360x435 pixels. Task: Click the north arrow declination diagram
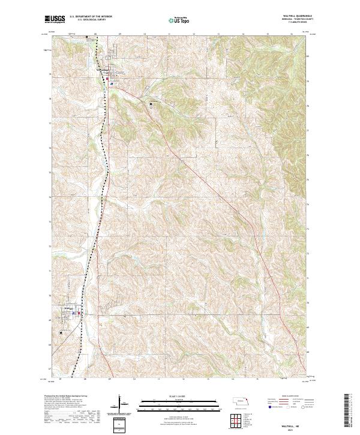coord(122,405)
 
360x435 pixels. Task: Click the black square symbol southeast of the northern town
coord(151,104)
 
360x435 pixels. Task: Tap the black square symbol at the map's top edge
coord(87,37)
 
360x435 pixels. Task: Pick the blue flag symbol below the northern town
coord(112,84)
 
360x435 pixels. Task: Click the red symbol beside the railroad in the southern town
coord(79,312)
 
